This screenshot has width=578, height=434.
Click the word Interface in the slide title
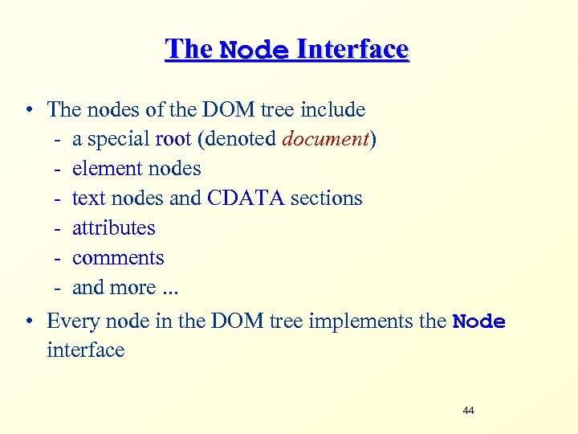point(353,49)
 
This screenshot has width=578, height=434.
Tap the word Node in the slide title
point(254,50)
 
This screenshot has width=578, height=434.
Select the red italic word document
point(325,139)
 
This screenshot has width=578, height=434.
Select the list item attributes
point(113,228)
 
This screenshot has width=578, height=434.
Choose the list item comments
point(118,258)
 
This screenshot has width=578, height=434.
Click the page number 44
point(469,411)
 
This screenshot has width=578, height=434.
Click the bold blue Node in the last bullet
point(479,322)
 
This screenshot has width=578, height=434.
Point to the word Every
point(71,321)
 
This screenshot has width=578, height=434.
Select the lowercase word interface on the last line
point(86,350)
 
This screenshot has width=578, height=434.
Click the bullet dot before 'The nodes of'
point(29,110)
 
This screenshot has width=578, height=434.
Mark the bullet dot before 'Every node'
point(29,322)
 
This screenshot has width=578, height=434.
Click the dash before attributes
point(59,228)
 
